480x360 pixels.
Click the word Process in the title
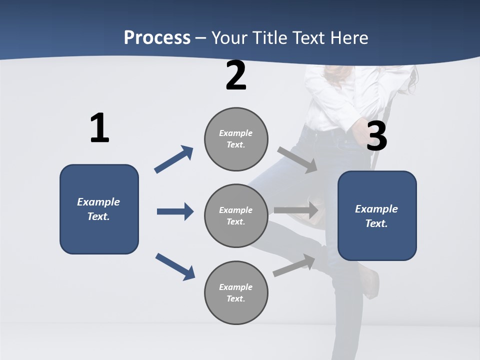[157, 37]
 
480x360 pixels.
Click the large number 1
[99, 128]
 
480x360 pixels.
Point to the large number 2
[236, 75]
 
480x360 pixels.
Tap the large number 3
[376, 136]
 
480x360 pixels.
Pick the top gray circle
[236, 139]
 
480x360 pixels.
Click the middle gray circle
[236, 216]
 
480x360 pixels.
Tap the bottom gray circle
[236, 293]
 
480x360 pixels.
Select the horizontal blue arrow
[175, 211]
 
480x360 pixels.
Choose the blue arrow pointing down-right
[175, 266]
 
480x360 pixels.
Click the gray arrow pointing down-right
[297, 159]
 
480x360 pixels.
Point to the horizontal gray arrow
[296, 210]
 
